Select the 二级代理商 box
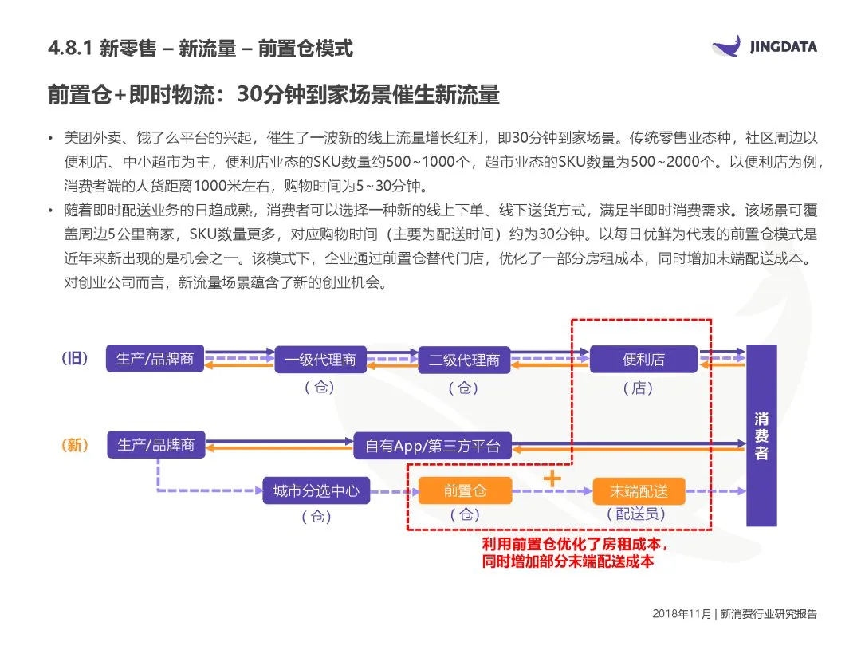coord(463,360)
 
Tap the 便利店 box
coord(643,359)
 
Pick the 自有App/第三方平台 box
coord(432,446)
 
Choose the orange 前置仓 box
coord(464,490)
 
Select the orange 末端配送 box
coord(639,491)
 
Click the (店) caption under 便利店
coord(638,388)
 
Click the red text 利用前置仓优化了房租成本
coord(571,544)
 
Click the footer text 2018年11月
coord(682,614)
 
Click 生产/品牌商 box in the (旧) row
coord(155,359)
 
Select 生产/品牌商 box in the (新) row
coord(155,445)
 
